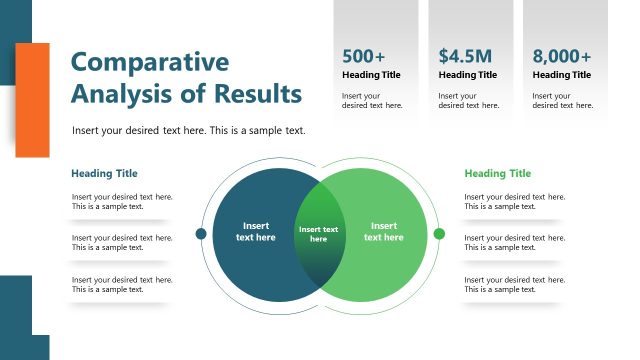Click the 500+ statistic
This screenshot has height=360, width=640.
pos(363,56)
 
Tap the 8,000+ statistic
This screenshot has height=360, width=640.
pos(561,56)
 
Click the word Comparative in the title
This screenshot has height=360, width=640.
pos(150,62)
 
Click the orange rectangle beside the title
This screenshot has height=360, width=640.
pos(32,100)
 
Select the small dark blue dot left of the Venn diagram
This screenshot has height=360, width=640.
pos(201,234)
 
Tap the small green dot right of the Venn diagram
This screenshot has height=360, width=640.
pos(439,234)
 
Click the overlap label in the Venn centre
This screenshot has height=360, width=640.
pos(318,234)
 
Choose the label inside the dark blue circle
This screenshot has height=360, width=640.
pos(255,232)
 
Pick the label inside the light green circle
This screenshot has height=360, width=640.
pos(383,232)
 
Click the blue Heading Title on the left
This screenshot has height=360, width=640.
pos(104,174)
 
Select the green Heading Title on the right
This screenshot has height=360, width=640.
pos(497,174)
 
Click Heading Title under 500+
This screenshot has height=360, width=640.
pos(371,75)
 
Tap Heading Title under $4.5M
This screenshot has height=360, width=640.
pos(467,75)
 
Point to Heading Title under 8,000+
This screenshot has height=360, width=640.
pos(561,75)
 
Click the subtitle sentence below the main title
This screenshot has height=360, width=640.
pos(189,131)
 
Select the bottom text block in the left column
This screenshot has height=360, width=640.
pos(121,284)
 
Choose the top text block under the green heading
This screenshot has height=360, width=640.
pos(514,202)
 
